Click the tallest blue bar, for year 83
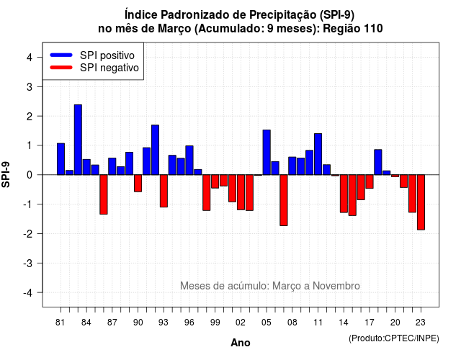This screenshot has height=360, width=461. coord(78,140)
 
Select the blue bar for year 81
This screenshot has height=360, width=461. coord(61,159)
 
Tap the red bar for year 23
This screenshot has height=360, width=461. coord(421,202)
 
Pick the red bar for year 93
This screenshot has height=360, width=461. coord(164,191)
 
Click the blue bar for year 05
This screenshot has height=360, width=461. coord(267,152)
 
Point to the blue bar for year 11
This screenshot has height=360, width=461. coord(318,154)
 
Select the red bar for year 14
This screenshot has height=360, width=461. coord(344,194)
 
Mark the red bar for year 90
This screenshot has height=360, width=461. coord(138,184)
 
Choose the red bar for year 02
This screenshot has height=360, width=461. coord(241,192)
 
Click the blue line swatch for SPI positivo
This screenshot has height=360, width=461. coord(61,55)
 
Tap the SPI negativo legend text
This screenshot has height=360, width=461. coord(109,68)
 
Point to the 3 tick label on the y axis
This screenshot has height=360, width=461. coord(29,87)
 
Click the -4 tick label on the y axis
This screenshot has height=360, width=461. coord(28,293)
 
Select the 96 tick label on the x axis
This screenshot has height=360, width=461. coord(189,323)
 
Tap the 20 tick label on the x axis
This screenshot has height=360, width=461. coord(395,323)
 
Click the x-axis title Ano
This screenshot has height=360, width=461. coord(241,343)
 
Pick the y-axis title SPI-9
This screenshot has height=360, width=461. coord(6,174)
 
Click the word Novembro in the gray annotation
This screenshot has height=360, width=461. coord(336,286)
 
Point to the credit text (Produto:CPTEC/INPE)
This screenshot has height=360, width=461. coord(394,338)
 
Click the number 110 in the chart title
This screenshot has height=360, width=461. coord(373,29)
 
